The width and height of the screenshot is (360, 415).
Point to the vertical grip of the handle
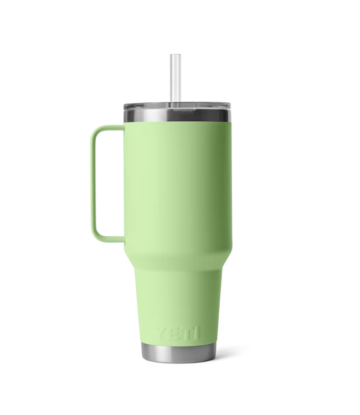(x=96, y=183)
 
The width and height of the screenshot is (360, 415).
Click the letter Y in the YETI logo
(x=160, y=333)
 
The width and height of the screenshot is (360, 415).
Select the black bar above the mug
(x=180, y=14)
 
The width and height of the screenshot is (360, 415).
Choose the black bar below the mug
(x=180, y=401)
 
